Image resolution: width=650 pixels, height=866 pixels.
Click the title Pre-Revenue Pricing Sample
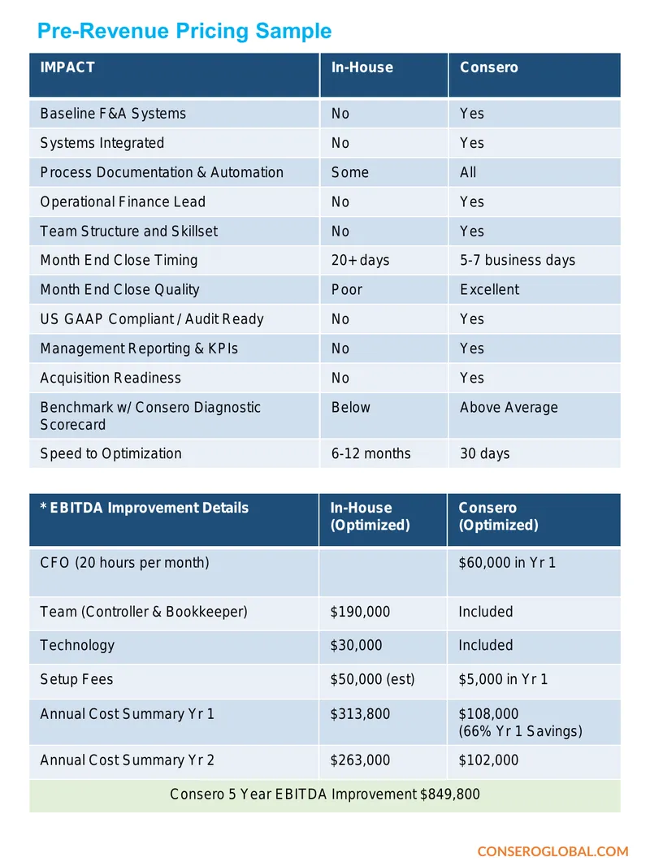(184, 32)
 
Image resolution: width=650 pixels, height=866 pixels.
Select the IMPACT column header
(67, 67)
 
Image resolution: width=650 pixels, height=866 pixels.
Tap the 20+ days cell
(360, 260)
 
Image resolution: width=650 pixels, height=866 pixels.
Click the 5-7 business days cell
(518, 260)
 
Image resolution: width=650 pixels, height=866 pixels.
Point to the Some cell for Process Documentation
(349, 172)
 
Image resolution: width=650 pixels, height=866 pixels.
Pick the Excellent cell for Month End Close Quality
(489, 289)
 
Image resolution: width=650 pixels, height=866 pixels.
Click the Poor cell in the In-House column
(347, 289)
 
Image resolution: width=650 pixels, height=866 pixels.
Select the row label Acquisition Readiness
(110, 378)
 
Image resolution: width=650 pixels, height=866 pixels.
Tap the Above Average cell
(509, 408)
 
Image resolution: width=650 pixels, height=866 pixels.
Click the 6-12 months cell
(370, 453)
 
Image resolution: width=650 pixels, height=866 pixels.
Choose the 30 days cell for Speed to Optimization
(484, 453)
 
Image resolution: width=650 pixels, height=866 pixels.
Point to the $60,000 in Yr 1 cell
(507, 563)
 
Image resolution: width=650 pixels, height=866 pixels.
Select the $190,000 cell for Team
(360, 612)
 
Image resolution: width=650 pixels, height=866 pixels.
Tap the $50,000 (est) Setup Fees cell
(372, 679)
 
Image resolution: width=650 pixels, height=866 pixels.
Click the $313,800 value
(360, 714)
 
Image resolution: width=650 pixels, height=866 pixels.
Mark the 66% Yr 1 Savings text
(520, 731)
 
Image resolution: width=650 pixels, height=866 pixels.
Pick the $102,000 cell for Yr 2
(488, 760)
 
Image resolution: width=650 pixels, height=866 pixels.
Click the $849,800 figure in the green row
(449, 795)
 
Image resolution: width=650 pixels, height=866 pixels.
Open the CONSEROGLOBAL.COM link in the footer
(552, 851)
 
